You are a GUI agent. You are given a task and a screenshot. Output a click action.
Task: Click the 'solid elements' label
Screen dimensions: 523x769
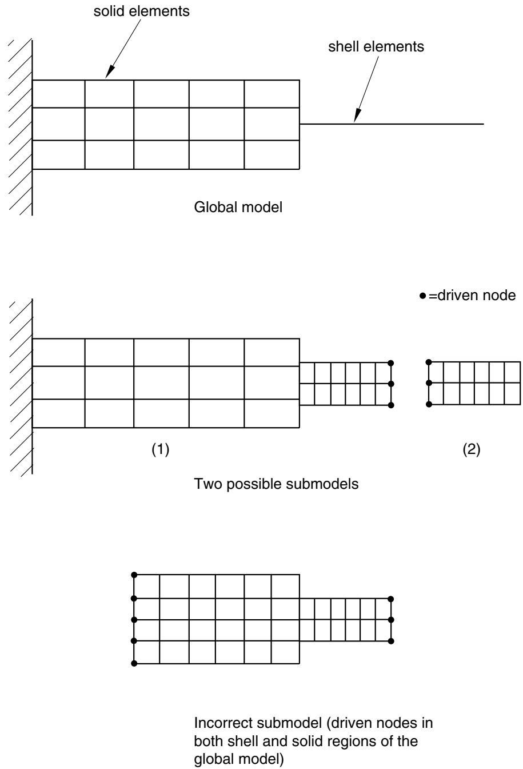point(141,11)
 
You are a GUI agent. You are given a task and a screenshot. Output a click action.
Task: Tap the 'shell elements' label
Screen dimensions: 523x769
point(376,47)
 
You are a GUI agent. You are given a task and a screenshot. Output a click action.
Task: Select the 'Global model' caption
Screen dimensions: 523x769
point(238,208)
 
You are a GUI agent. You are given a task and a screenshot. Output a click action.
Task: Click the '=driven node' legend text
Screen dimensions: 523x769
point(472,296)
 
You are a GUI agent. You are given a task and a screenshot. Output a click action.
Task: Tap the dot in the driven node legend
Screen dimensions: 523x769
point(422,296)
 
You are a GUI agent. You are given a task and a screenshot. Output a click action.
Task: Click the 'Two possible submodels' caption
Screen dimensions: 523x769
point(276,484)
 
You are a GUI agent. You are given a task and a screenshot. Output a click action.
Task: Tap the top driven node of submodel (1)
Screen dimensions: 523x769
point(391,363)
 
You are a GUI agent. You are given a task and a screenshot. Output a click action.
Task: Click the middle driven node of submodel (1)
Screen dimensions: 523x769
point(391,384)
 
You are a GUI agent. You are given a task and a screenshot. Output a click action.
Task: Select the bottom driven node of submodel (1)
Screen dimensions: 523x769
point(391,405)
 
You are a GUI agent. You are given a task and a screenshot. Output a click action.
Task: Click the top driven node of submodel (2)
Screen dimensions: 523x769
point(429,362)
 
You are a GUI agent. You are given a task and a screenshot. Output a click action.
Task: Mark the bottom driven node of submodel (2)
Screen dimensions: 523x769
point(429,404)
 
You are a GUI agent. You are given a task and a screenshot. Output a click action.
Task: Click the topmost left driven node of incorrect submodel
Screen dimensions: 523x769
point(134,575)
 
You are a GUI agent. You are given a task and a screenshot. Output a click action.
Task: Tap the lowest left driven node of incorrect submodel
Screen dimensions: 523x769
point(134,664)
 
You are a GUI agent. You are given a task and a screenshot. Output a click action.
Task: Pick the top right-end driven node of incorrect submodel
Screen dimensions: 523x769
point(391,599)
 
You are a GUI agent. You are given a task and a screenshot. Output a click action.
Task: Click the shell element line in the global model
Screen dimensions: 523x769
point(392,124)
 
